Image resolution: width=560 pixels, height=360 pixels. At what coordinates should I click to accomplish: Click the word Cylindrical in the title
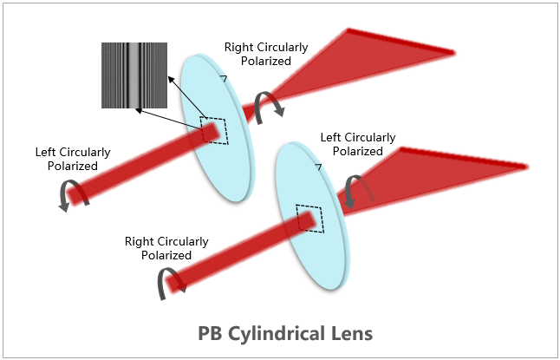pyautogui.click(x=277, y=332)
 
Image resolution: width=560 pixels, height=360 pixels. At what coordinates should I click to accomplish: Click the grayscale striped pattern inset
pyautogui.click(x=133, y=75)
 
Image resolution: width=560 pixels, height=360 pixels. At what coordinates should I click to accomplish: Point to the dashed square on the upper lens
pyautogui.click(x=214, y=130)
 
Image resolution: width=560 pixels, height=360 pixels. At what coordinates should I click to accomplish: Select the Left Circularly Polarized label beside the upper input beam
pyautogui.click(x=73, y=159)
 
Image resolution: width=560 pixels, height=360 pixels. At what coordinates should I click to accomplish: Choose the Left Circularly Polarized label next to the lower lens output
pyautogui.click(x=358, y=144)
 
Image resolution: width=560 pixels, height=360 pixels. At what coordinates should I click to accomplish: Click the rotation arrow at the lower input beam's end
pyautogui.click(x=168, y=284)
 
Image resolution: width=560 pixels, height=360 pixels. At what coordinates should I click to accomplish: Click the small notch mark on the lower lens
pyautogui.click(x=319, y=166)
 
